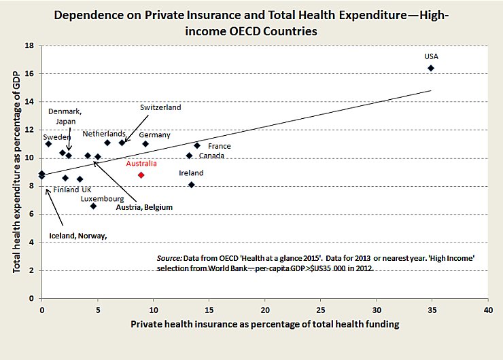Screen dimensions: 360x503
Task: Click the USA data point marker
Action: [431, 68]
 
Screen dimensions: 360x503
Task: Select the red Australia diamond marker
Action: [141, 175]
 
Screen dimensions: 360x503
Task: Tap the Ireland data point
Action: [192, 184]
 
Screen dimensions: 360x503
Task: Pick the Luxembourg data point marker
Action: [93, 206]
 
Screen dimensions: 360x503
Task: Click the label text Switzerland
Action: [161, 107]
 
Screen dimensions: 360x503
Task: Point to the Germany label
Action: [154, 135]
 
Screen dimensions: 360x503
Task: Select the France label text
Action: [220, 146]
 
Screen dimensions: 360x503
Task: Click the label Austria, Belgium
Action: [144, 206]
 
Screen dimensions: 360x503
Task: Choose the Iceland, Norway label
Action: [79, 236]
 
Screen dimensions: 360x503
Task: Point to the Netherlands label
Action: [104, 134]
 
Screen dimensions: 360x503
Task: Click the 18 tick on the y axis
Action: [29, 46]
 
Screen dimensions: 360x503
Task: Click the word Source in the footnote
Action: [169, 258]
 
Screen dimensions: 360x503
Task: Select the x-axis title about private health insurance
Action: [264, 324]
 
